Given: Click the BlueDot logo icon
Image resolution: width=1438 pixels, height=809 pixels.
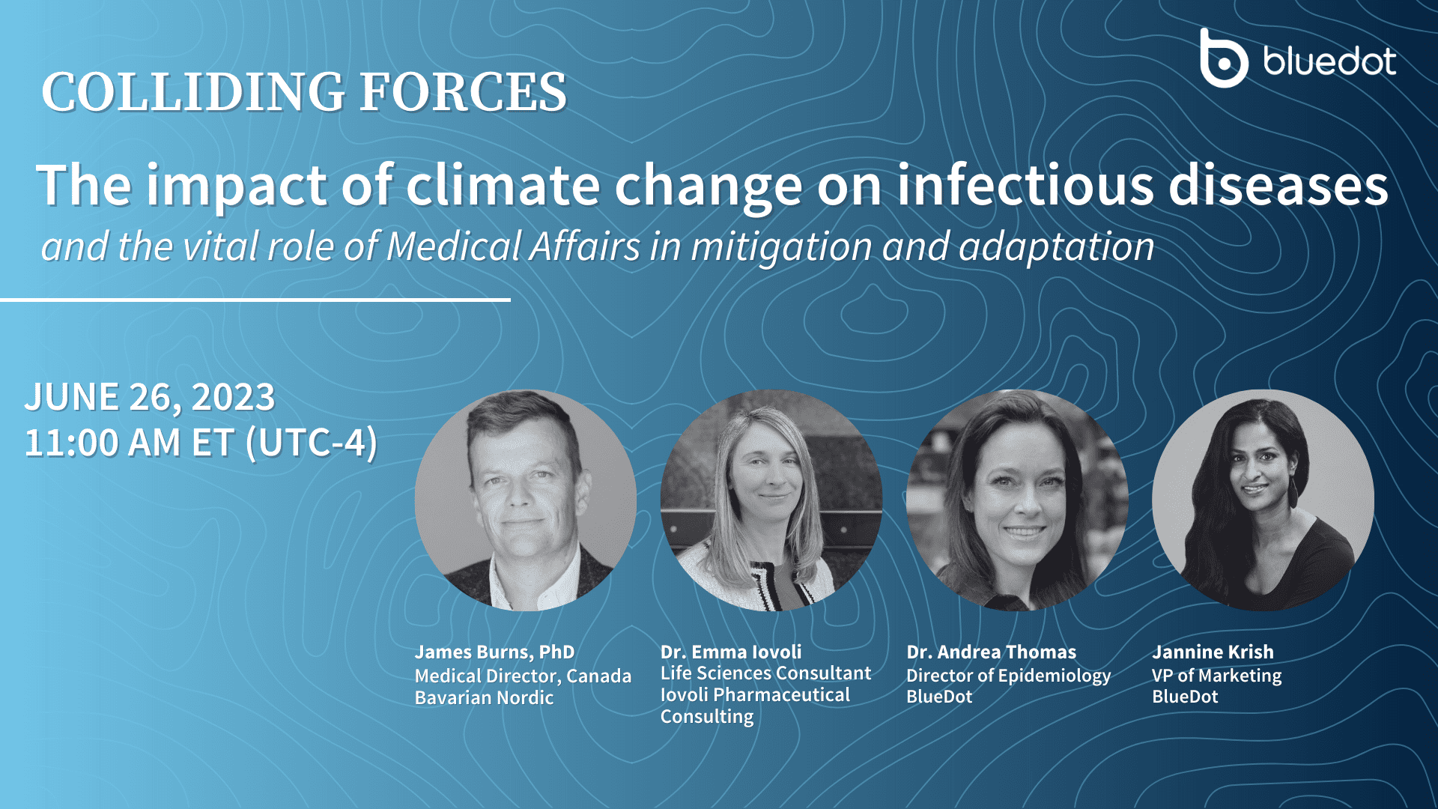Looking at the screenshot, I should click(1223, 59).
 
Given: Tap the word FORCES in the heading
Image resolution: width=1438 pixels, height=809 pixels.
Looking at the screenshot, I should click(463, 93).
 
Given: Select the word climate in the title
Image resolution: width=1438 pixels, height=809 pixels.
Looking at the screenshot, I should click(503, 186).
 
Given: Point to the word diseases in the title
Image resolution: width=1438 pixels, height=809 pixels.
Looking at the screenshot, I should click(1278, 186).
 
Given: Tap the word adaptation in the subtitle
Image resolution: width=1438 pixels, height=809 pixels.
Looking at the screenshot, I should click(1056, 247).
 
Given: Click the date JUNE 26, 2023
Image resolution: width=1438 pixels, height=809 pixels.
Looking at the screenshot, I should click(151, 397).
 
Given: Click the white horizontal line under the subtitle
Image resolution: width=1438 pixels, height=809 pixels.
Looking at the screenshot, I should click(255, 300).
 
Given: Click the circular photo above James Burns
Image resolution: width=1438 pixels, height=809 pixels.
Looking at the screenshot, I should click(526, 500).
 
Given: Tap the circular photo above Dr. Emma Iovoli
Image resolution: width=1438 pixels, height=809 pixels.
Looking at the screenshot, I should click(771, 500).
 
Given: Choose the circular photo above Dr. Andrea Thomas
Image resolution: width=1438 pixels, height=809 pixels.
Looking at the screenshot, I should click(1017, 500).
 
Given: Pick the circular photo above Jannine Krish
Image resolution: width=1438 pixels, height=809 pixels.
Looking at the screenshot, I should click(1263, 500).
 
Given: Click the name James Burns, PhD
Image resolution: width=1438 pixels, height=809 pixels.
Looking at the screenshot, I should click(494, 652).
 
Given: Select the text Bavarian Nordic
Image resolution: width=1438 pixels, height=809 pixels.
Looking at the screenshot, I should click(484, 698).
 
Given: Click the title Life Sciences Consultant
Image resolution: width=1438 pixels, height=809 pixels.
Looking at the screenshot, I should click(765, 673).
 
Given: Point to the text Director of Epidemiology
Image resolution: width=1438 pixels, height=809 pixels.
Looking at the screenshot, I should click(1008, 676).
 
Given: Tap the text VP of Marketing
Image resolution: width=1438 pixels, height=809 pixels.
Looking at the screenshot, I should click(1216, 676).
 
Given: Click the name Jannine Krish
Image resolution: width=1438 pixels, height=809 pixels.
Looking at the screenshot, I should click(1213, 652).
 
